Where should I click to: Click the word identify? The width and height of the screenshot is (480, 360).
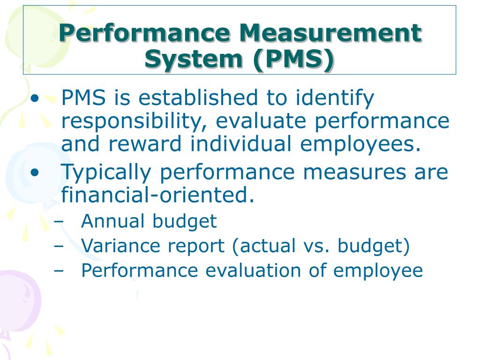point(335,99)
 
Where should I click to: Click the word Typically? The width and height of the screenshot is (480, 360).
point(106,173)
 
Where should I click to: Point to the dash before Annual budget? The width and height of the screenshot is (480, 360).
point(59,222)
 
